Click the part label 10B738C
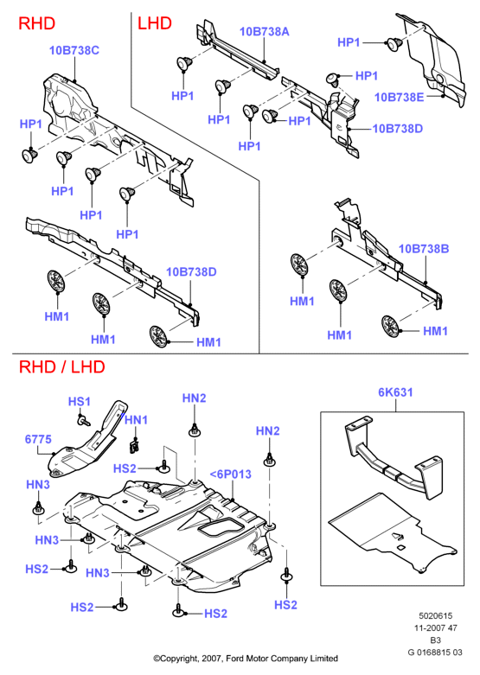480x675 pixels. click(x=74, y=50)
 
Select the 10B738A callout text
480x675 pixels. click(x=264, y=31)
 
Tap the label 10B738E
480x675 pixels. click(x=399, y=97)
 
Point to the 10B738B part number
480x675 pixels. click(x=424, y=248)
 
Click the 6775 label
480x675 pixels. click(x=38, y=439)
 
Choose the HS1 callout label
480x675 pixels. click(x=80, y=402)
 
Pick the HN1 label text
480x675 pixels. click(x=136, y=420)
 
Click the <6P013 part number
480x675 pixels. click(x=231, y=474)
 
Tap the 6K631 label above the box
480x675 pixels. click(x=395, y=392)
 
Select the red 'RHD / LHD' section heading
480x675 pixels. click(x=62, y=366)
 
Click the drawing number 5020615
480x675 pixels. click(x=436, y=615)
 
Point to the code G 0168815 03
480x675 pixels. click(x=435, y=653)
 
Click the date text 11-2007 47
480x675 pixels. click(x=436, y=627)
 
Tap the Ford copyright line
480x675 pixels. click(x=246, y=659)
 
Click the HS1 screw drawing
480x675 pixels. click(x=83, y=420)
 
